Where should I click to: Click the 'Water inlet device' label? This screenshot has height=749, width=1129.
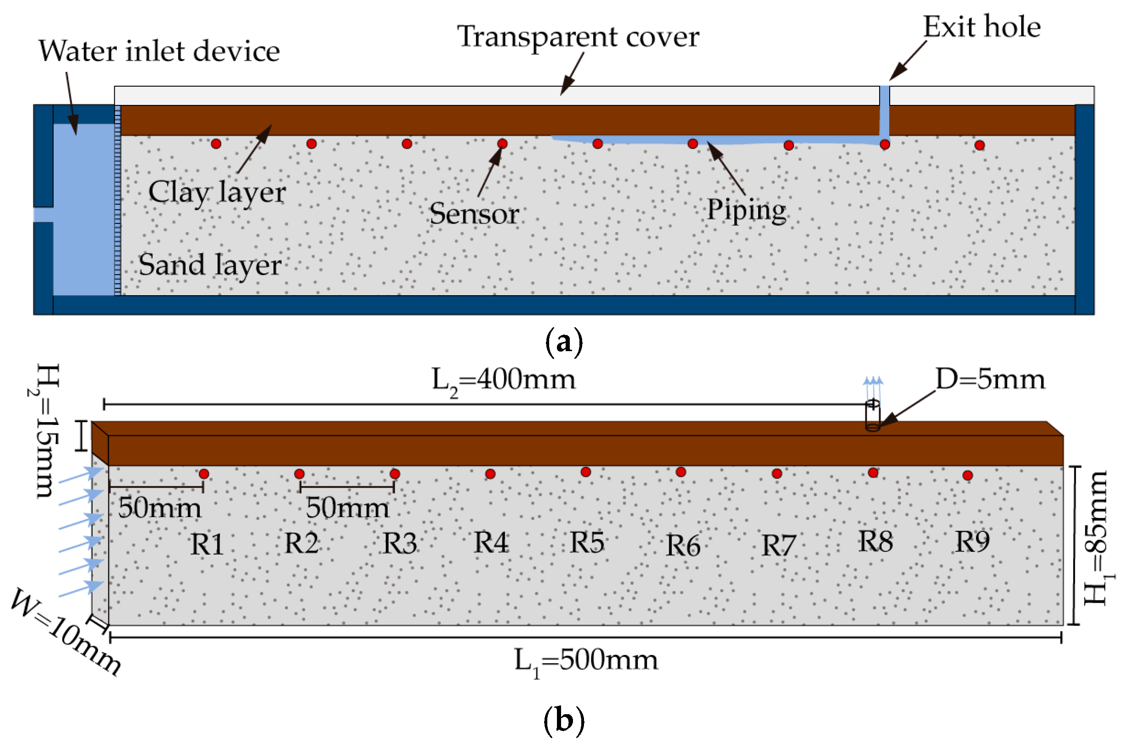[159, 51]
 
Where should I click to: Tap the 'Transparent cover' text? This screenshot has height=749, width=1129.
[578, 37]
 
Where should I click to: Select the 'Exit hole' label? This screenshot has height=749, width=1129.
[981, 27]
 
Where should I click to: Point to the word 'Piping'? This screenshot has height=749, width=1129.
[746, 210]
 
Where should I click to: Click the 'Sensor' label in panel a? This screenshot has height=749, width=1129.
[474, 214]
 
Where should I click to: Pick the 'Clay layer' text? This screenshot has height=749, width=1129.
[217, 193]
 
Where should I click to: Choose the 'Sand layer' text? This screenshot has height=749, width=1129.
[209, 265]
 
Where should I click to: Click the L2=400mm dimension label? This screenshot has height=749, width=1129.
[503, 381]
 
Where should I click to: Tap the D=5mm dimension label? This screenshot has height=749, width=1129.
[990, 379]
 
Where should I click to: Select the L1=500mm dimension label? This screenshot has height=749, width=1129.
[586, 661]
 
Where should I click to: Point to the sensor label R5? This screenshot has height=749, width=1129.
[587, 543]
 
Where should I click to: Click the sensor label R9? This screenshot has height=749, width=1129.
[972, 542]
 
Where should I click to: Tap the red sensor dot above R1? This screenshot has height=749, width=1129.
[204, 474]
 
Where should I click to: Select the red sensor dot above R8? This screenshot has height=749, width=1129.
[873, 473]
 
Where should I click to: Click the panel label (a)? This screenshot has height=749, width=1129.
[564, 342]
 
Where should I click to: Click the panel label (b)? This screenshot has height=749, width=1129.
[564, 720]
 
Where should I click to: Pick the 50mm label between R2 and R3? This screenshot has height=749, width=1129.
[347, 508]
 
